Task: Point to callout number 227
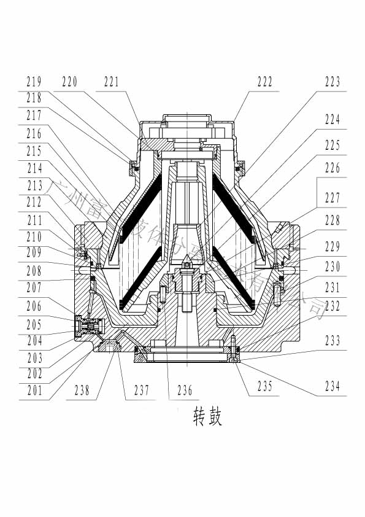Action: point(332,198)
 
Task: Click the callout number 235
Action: point(264,386)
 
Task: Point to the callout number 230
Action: point(332,266)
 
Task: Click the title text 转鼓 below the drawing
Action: point(207,418)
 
